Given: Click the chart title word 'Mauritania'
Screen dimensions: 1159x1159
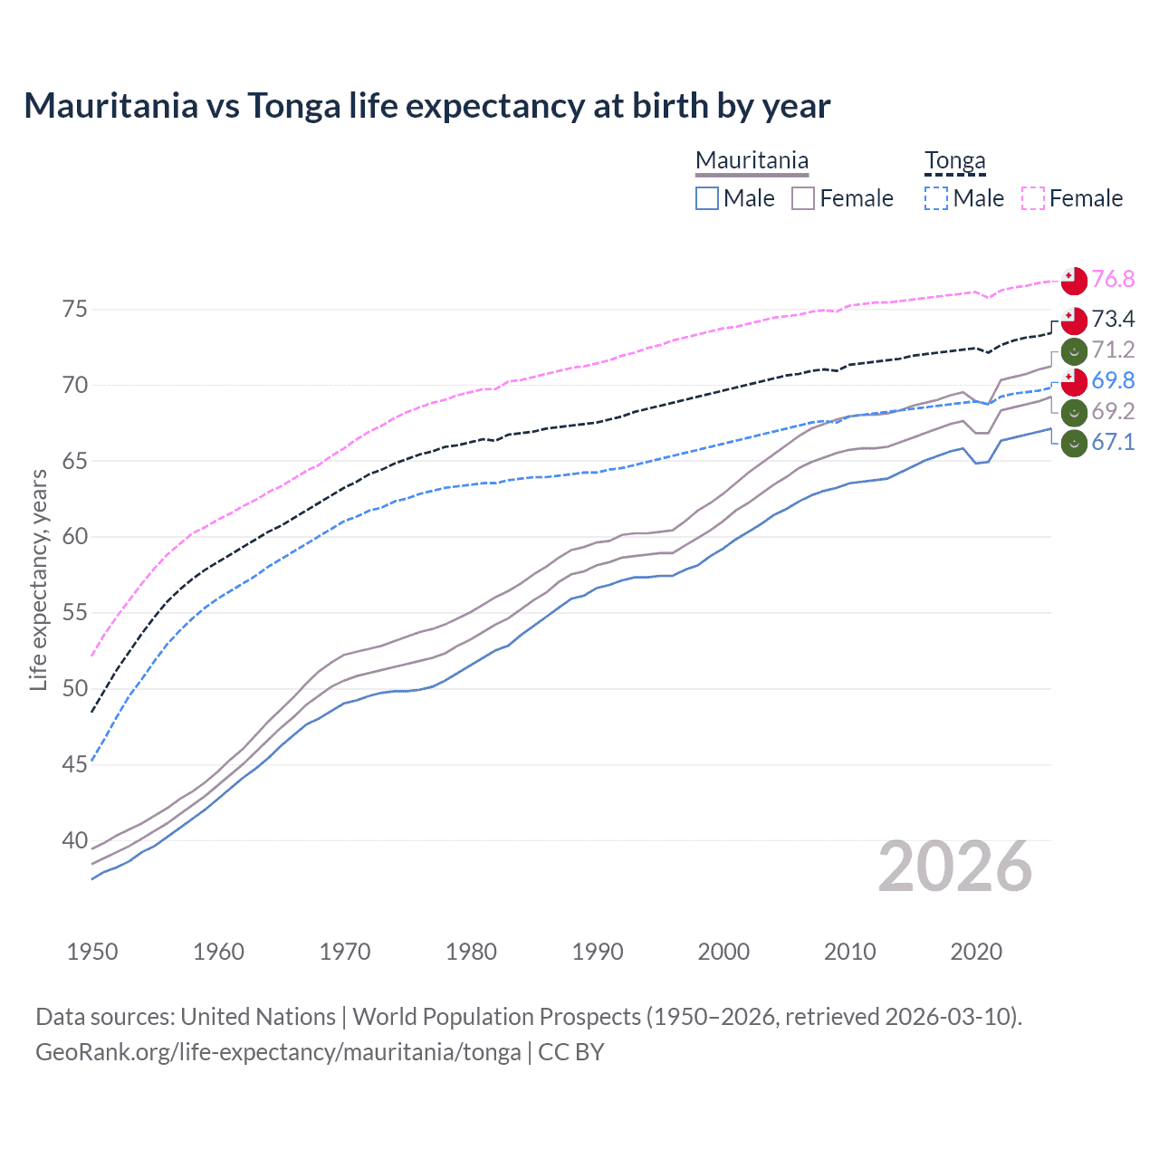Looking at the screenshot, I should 110,106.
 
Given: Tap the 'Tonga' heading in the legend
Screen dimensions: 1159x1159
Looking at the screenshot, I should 954,161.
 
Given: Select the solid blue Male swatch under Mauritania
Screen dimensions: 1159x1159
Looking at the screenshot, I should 707,198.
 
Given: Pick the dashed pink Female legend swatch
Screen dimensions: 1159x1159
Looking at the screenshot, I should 1033,198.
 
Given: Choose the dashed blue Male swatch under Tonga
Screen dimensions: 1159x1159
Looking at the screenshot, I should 937,198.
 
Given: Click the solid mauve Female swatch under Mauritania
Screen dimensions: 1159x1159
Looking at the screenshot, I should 803,198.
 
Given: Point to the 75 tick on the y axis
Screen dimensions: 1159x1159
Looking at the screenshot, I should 75,310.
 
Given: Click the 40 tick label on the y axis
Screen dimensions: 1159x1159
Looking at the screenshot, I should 75,840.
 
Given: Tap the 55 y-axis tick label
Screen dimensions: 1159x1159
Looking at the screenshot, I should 75,613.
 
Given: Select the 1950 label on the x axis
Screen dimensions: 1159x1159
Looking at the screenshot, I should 92,952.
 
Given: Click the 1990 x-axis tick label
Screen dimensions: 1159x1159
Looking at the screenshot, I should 598,952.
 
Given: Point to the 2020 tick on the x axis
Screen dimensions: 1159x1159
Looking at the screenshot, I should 976,952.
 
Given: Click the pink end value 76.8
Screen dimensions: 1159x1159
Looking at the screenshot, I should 1113,279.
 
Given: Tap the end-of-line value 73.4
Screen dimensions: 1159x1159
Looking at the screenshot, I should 1113,319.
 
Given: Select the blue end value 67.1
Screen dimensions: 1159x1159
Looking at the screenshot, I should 1113,442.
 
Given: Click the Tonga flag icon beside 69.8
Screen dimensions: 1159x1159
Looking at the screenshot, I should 1074,381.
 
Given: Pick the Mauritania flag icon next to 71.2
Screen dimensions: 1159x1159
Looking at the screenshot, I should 1074,350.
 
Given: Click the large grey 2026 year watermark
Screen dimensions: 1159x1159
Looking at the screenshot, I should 955,867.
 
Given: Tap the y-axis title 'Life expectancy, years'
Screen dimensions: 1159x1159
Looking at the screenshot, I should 38,579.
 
